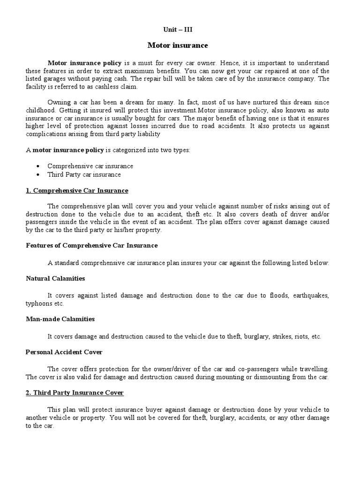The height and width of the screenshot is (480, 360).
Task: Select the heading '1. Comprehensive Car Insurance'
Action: coord(77,191)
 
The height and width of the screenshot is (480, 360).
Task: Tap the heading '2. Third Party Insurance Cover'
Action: coord(75,392)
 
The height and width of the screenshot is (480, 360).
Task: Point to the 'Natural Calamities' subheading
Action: coord(55,278)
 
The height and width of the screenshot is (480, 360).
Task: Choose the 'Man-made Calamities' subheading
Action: coord(60,319)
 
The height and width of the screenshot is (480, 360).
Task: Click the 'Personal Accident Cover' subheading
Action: coord(64,352)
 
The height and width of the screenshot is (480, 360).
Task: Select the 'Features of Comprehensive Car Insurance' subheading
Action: coord(91,245)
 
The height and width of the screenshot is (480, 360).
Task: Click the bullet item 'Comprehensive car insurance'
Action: coord(90,166)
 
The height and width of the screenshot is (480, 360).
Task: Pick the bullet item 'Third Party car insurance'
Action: coord(84,174)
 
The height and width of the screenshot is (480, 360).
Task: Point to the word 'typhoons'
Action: coord(37,303)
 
